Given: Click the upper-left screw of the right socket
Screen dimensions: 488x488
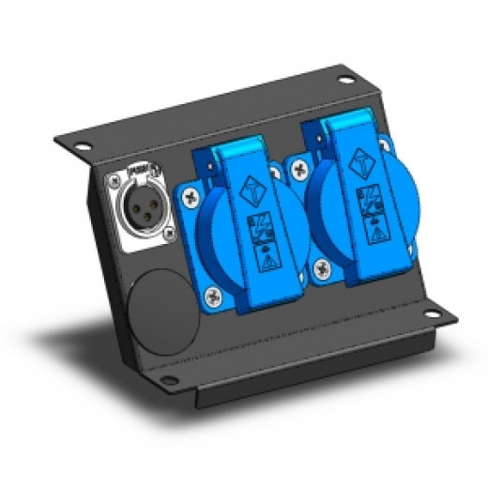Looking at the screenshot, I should (299, 170).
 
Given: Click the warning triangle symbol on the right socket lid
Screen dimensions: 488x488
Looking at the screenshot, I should (373, 236).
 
